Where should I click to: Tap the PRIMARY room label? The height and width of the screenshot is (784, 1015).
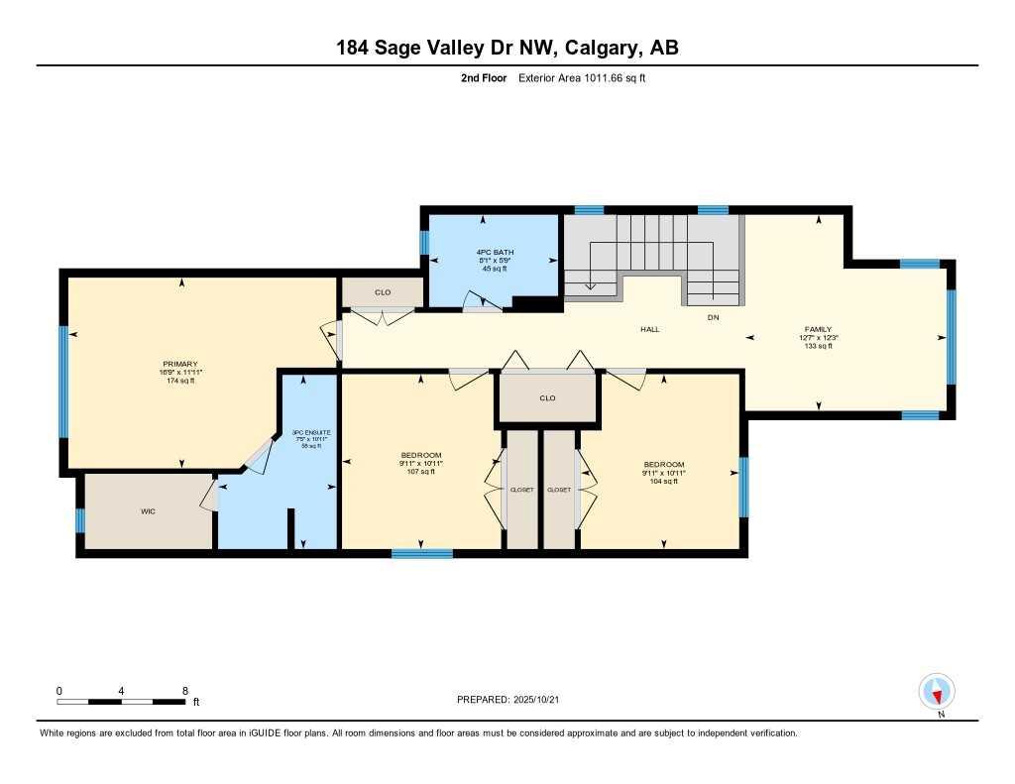click(x=181, y=364)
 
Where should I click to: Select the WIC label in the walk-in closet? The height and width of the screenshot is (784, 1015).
click(x=148, y=511)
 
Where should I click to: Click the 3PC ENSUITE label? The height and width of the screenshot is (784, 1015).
click(x=312, y=432)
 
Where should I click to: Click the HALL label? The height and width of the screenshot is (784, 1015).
click(x=649, y=329)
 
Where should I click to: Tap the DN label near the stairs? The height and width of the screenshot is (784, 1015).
click(x=712, y=317)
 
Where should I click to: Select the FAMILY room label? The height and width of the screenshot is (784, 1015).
click(x=818, y=329)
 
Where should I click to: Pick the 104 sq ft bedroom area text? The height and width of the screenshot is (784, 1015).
click(x=663, y=481)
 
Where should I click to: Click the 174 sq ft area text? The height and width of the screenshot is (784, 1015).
click(x=181, y=381)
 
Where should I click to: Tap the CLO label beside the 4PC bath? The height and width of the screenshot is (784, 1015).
click(x=383, y=293)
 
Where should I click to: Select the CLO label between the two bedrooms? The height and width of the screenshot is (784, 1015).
click(x=547, y=398)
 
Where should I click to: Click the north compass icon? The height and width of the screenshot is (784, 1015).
click(x=936, y=690)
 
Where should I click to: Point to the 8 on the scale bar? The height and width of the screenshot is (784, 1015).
click(x=185, y=690)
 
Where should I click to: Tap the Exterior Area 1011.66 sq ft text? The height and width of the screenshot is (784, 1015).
click(x=582, y=78)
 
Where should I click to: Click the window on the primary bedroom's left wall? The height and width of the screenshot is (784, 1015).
click(x=64, y=382)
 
